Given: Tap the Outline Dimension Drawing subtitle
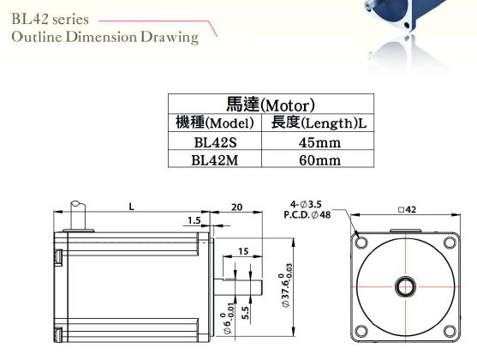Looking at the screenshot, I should click(104, 37).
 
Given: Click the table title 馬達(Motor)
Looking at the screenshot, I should click(271, 105).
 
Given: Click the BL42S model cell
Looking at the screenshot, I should click(215, 141).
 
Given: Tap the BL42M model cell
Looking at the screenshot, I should click(215, 159).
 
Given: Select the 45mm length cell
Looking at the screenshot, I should click(319, 141).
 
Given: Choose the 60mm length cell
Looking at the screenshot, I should click(319, 159).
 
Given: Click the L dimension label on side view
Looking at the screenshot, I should click(130, 207).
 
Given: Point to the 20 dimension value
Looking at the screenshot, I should click(236, 207).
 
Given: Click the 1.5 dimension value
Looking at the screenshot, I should click(194, 221).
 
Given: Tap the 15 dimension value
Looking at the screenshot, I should click(244, 251).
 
